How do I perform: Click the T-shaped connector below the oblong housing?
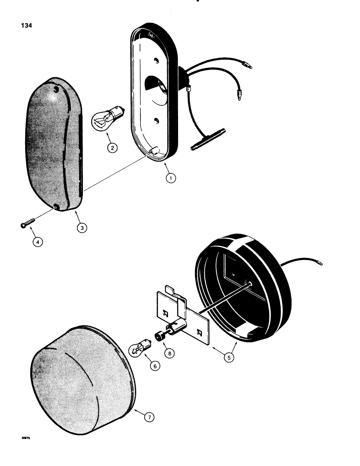point(208,140)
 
